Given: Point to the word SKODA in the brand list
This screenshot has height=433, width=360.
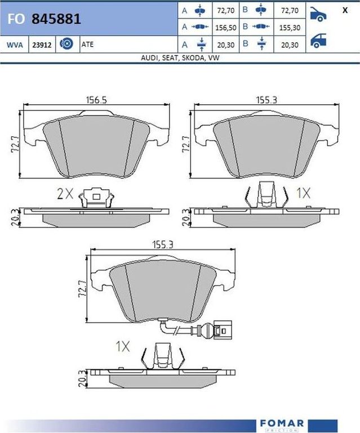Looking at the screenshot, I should pyautogui.click(x=191, y=58).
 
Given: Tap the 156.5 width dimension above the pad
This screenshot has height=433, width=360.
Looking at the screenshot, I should pyautogui.click(x=96, y=100).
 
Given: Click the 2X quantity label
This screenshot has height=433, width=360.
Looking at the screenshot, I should pyautogui.click(x=65, y=194).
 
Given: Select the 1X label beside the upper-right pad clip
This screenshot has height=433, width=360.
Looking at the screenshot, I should pyautogui.click(x=304, y=193).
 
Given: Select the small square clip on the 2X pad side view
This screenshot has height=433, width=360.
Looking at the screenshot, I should pyautogui.click(x=96, y=197).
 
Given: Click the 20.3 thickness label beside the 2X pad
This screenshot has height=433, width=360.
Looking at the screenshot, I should pyautogui.click(x=15, y=216).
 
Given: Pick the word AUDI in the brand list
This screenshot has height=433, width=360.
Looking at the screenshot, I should pyautogui.click(x=149, y=58).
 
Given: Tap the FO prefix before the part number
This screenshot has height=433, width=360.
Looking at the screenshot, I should pyautogui.click(x=15, y=19).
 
